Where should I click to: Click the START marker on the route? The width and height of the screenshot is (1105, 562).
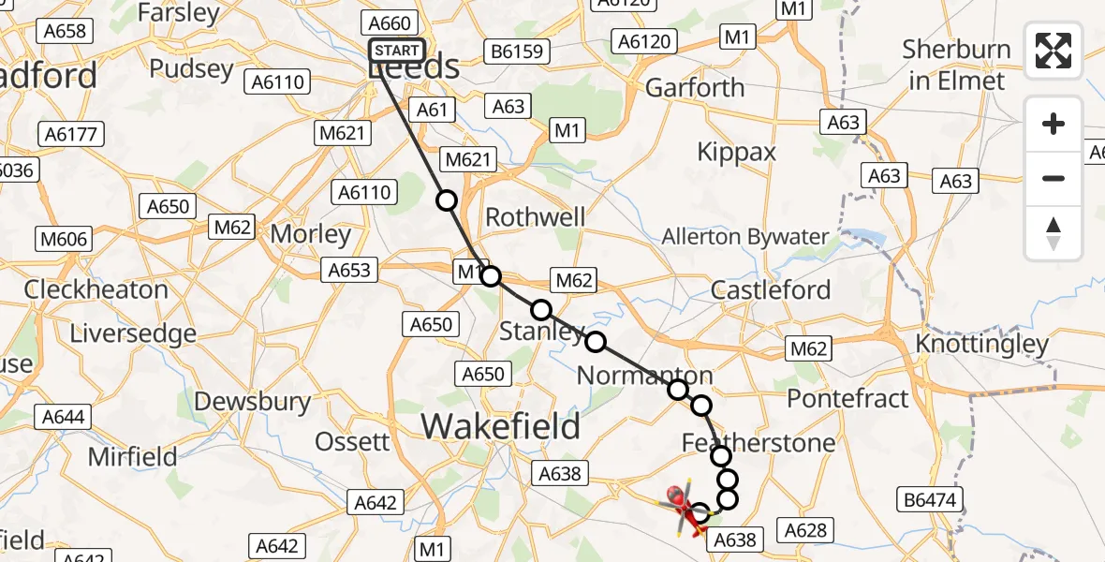click(x=397, y=51)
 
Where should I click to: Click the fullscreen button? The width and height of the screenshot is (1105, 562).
click(x=1053, y=51)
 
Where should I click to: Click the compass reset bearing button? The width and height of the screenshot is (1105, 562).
click(x=1053, y=233)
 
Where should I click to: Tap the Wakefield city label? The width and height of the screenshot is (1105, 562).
click(x=500, y=426)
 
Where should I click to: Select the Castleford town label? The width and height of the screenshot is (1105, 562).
click(x=771, y=289)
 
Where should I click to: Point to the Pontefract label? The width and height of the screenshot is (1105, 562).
click(x=847, y=398)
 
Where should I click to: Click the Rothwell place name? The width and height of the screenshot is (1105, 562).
click(x=535, y=216)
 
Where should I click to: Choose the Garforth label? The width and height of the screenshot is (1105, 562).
click(x=695, y=88)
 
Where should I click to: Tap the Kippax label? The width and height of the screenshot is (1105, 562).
click(x=736, y=152)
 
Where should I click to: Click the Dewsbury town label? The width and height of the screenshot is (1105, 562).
click(x=252, y=402)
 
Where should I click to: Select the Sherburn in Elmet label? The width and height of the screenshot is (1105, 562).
click(x=956, y=65)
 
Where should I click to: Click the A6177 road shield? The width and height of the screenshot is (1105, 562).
click(x=71, y=134)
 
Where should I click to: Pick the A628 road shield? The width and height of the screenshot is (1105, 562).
click(x=805, y=531)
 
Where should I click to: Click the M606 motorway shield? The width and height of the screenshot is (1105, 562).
click(x=64, y=239)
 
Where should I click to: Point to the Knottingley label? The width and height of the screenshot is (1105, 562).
click(x=981, y=344)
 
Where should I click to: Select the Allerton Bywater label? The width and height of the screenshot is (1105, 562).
click(x=745, y=237)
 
